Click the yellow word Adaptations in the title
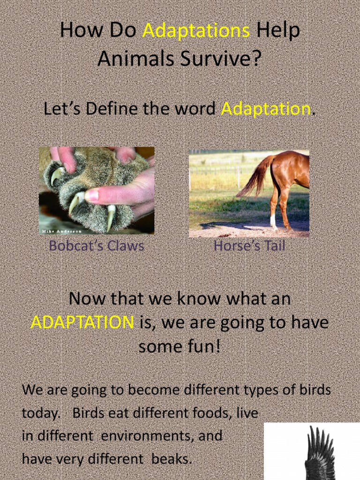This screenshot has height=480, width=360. click(196, 31)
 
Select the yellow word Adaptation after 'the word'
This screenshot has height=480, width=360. click(266, 109)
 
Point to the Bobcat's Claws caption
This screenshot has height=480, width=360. click(96, 246)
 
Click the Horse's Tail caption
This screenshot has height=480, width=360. click(249, 246)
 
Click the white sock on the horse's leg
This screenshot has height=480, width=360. click(273, 221)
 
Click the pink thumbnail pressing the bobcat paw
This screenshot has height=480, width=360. click(91, 195)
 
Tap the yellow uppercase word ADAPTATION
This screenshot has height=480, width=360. click(82, 322)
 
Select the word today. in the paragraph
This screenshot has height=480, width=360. click(41, 413)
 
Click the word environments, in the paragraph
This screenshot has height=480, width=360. click(147, 436)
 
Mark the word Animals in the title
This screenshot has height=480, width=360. click(128, 59)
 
